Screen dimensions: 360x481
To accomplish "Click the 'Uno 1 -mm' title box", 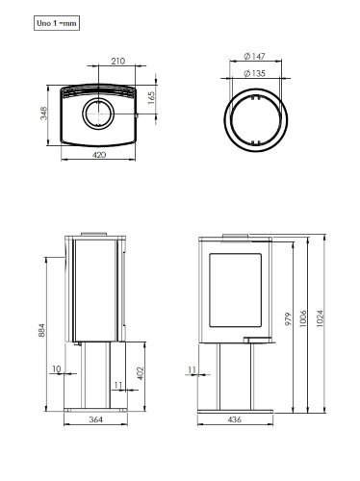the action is pos(57,23).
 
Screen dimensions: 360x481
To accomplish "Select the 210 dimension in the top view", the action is pos(117,61).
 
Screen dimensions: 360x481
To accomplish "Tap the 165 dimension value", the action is pos(151,98).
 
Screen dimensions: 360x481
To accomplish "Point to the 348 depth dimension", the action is pos(43,114).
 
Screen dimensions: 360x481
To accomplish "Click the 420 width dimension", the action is pos(99,155).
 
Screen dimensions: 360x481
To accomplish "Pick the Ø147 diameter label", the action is pos(254,57).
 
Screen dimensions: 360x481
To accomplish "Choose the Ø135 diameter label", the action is pos(254,73).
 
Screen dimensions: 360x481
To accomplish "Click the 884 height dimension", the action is pos(41,330).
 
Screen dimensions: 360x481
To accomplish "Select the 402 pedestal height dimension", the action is pos(141,373).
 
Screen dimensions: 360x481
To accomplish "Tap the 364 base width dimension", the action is pos(95,419).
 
